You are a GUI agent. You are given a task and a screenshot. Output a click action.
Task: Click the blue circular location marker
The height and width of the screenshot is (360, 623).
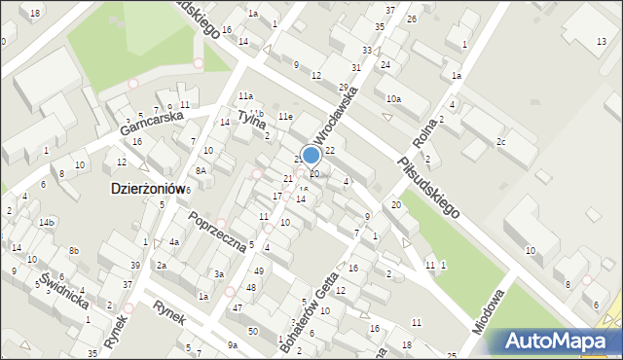(311, 156)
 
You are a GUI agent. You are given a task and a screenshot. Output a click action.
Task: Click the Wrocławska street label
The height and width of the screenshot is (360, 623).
(337, 114)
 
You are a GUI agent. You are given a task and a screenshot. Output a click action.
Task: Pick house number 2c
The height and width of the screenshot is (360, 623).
(500, 142)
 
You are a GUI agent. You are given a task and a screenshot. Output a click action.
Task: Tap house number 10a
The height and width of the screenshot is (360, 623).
(393, 99)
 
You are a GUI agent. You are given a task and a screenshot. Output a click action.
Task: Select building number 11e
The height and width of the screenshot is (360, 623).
(285, 117)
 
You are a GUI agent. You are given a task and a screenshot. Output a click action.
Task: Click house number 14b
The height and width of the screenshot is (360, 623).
(46, 223)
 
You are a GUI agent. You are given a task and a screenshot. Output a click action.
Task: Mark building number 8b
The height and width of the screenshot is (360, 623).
(74, 251)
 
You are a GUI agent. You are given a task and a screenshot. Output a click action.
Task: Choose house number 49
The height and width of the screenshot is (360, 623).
(258, 270)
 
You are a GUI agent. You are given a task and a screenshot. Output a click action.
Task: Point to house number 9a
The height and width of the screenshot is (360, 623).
(232, 345)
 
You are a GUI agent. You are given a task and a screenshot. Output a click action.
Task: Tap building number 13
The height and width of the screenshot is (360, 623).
(601, 40)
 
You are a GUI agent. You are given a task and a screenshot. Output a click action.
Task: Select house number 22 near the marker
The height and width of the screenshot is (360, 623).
(330, 150)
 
